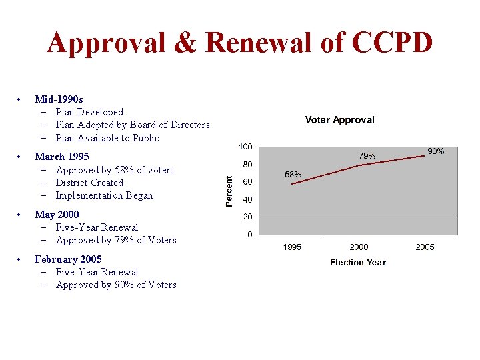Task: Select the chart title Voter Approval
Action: [x=339, y=120]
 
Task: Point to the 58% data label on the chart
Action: [x=293, y=175]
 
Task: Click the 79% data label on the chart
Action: [x=367, y=156]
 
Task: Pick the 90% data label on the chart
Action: [x=435, y=152]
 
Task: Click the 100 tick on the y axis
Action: [x=245, y=147]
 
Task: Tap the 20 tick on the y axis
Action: [x=247, y=217]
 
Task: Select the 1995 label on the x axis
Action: [x=292, y=247]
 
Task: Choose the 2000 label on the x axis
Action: [x=359, y=247]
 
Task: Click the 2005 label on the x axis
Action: [x=425, y=247]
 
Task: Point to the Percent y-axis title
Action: [x=229, y=191]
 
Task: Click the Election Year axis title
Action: [x=358, y=263]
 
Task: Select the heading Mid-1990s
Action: [x=59, y=99]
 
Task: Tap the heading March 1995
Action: [x=61, y=157]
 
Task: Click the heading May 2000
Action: [x=56, y=214]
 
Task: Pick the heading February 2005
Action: [x=67, y=259]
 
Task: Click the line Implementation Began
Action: [x=104, y=195]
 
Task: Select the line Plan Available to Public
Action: [x=107, y=138]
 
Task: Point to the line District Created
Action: [x=89, y=183]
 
